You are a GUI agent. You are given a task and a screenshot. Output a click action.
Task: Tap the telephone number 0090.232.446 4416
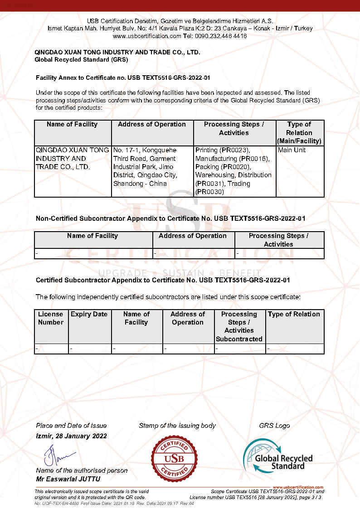222,36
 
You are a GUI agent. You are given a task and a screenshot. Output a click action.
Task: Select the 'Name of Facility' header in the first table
72,124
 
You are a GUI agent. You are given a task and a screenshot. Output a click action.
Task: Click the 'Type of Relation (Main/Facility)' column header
299,132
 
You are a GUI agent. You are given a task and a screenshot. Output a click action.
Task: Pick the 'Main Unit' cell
292,150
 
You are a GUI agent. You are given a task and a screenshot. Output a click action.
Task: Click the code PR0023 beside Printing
236,150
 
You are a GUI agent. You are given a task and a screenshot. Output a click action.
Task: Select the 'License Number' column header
51,318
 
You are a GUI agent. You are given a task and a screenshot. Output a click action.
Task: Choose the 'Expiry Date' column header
89,314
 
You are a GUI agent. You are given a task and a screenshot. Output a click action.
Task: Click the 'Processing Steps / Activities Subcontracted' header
239,326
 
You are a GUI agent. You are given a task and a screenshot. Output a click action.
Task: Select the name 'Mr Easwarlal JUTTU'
68,479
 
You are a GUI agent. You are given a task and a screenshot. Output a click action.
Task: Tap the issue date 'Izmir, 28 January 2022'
71,436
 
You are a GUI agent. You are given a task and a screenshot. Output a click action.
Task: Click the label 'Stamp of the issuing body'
177,426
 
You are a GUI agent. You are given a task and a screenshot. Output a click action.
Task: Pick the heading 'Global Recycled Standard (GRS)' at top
82,59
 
